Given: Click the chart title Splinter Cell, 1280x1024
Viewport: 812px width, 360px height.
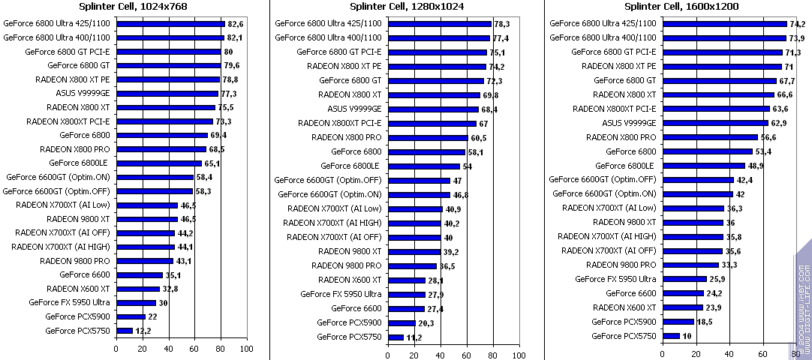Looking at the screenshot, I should [x=406, y=7].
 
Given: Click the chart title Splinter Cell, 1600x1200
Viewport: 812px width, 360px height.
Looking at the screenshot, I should [x=682, y=7].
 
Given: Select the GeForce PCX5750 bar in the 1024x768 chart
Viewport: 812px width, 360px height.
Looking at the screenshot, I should [x=125, y=330].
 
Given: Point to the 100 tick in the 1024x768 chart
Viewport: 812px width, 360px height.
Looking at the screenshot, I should [x=245, y=349].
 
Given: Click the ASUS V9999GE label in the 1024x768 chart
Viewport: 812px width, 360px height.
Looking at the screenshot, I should [x=83, y=94].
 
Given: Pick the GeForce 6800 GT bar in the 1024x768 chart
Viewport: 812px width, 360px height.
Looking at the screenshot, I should [x=168, y=66].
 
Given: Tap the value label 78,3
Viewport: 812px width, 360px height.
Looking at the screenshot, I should [x=501, y=24].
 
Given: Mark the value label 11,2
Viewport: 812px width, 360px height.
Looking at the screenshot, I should [x=413, y=337].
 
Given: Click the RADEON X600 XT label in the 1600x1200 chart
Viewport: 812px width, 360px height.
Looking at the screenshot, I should [x=624, y=307].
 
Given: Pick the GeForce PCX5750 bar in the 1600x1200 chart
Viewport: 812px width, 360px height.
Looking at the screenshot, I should [x=670, y=336].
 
